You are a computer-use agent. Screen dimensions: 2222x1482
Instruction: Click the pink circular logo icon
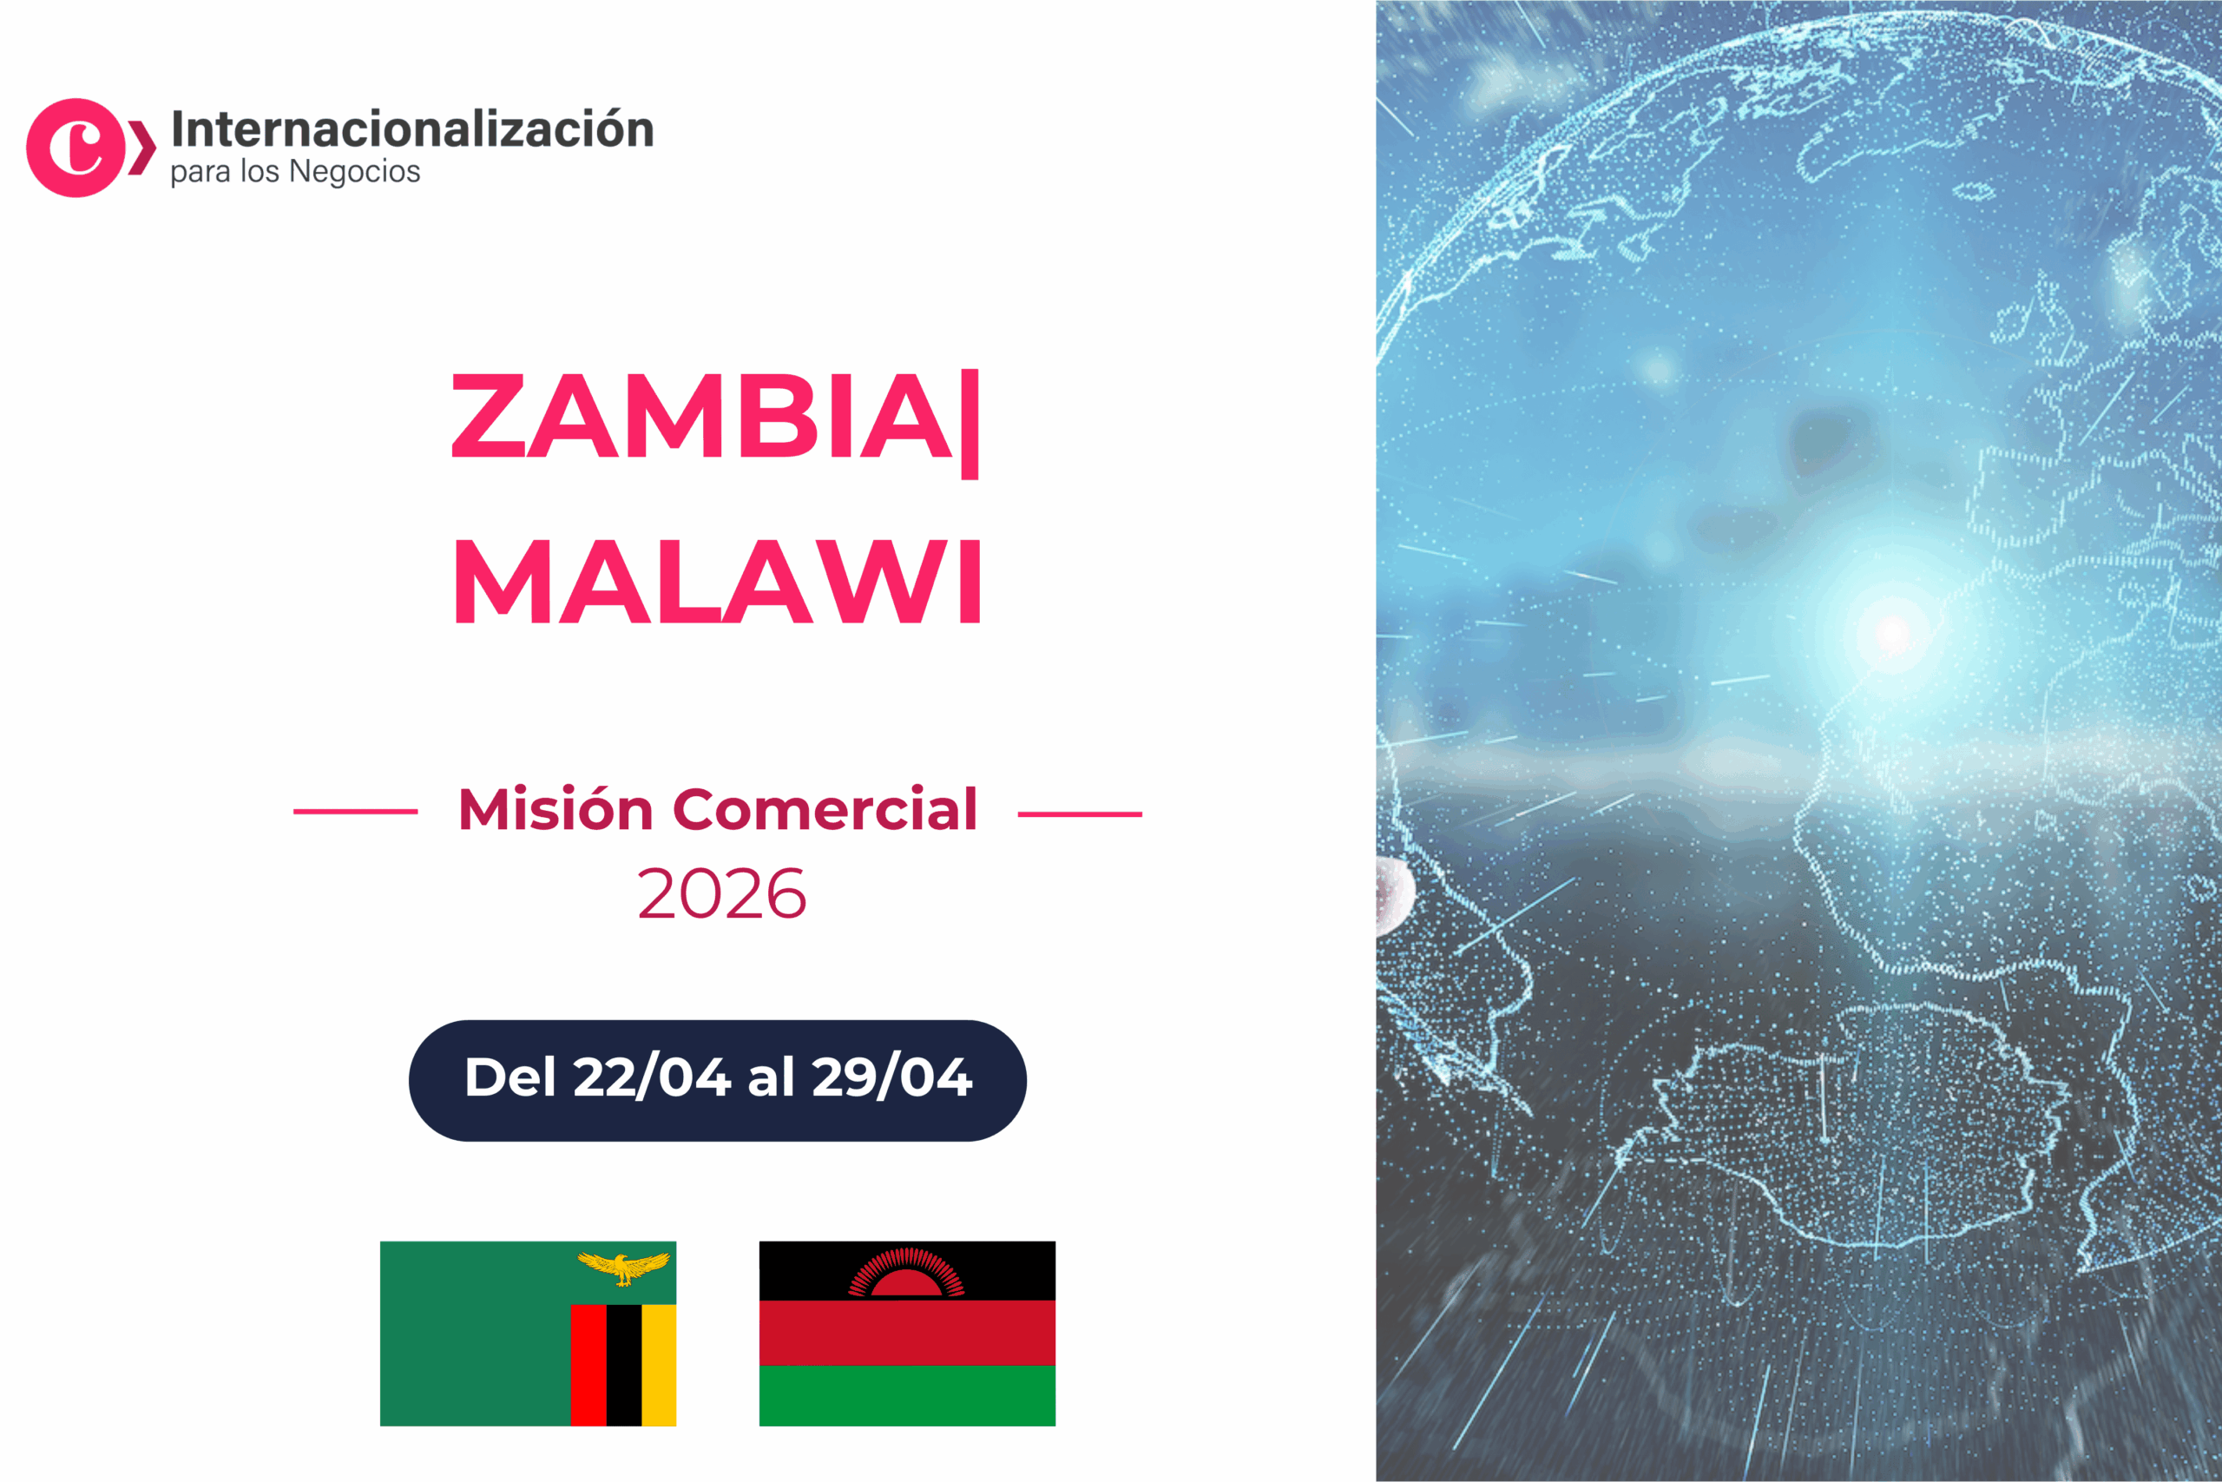(76, 148)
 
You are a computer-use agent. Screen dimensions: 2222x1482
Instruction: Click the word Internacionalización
(413, 129)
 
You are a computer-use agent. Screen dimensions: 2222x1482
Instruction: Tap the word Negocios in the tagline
(354, 172)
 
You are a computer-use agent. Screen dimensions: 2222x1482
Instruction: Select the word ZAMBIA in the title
(702, 416)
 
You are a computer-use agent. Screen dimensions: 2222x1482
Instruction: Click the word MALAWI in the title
(718, 582)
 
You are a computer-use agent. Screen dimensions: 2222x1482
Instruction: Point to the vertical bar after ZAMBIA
(970, 424)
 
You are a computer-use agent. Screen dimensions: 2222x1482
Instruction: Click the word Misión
(555, 810)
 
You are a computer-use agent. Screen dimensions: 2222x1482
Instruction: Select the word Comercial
(824, 810)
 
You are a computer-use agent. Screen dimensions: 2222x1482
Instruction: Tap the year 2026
(722, 894)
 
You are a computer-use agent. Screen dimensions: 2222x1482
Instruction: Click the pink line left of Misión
(355, 811)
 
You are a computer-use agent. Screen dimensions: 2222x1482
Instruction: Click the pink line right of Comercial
(1080, 813)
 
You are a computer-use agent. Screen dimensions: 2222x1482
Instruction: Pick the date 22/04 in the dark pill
(651, 1077)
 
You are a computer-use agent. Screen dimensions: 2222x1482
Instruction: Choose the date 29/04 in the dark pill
(891, 1077)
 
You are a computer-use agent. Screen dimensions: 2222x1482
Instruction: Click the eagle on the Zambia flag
(623, 1268)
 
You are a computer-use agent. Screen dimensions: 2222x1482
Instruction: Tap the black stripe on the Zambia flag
(623, 1365)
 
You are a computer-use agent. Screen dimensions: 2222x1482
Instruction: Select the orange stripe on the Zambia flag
(659, 1365)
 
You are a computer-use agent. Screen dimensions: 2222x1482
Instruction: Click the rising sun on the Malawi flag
(907, 1273)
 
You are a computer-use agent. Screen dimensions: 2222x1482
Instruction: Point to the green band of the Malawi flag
(907, 1395)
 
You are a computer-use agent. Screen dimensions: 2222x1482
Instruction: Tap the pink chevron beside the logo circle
(141, 148)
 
